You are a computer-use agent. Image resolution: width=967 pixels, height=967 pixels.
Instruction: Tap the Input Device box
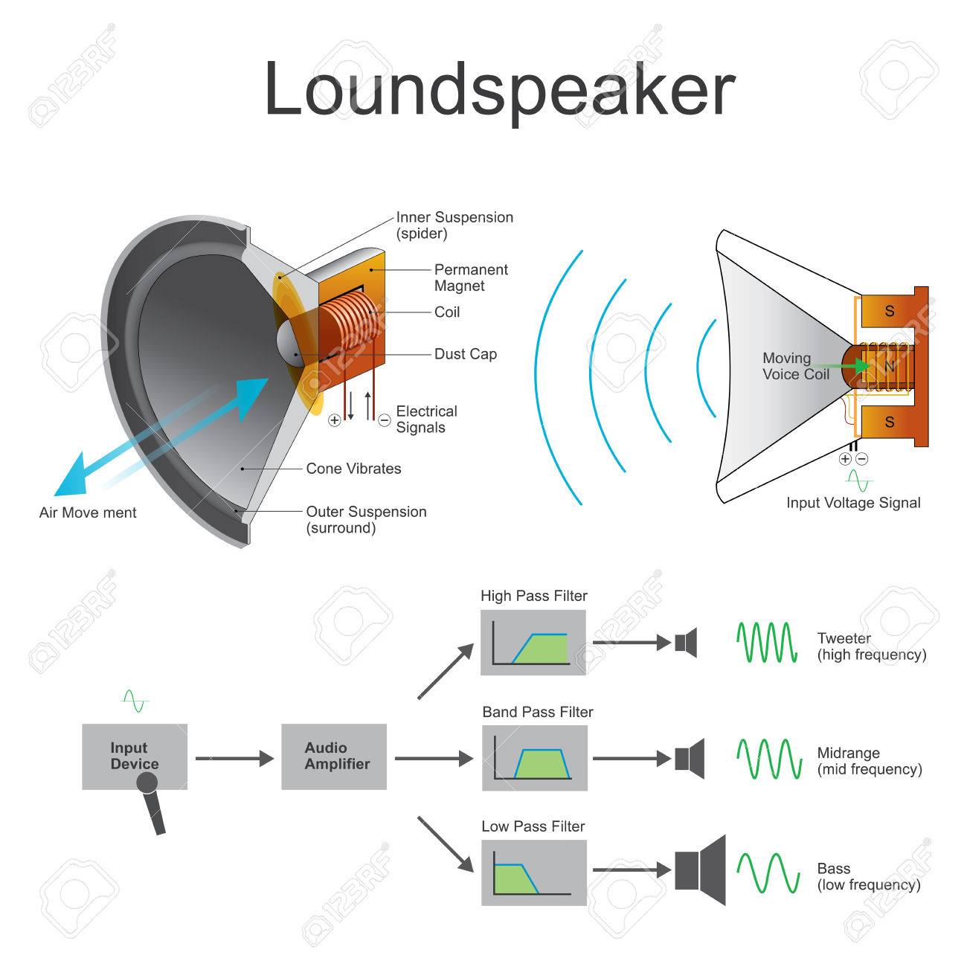coord(134,755)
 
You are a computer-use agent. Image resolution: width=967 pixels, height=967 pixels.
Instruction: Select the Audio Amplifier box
coord(334,756)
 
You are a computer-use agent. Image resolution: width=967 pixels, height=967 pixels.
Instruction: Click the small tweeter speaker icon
coord(686,642)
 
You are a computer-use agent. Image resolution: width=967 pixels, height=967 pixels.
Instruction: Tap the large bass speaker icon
coord(700,870)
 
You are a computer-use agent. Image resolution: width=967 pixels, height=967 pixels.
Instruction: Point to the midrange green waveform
coord(769,758)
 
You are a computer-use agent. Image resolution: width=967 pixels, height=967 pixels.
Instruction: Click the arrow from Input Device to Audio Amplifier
coord(235,759)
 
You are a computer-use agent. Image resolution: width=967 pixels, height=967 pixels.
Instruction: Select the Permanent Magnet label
coord(471,277)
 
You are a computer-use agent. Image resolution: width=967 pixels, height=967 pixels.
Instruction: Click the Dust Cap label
coord(466,354)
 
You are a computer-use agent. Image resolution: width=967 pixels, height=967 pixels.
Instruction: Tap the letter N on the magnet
coord(889,366)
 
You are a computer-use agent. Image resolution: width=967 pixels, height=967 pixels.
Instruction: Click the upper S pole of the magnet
coord(890,312)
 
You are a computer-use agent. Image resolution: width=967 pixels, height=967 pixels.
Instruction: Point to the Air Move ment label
coord(88,513)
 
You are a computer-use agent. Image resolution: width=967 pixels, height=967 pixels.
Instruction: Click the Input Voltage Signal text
coord(853,503)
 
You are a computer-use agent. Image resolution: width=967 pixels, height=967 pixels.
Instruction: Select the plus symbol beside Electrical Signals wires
coord(335,420)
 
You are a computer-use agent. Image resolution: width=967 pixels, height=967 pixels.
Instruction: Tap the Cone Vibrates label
coord(353,469)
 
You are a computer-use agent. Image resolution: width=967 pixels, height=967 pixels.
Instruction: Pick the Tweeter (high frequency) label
coord(871,646)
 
